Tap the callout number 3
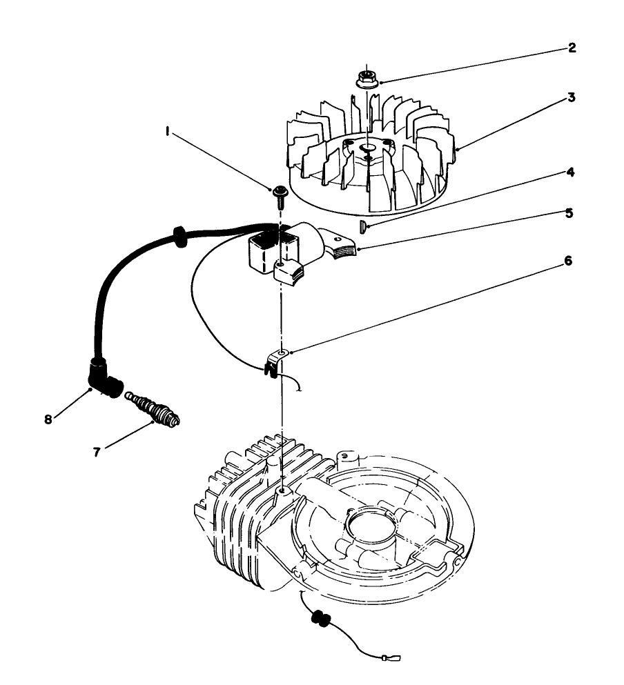pos(572,97)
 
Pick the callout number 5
pos(569,213)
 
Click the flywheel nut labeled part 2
pos(367,78)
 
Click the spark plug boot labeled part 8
pos(104,382)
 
